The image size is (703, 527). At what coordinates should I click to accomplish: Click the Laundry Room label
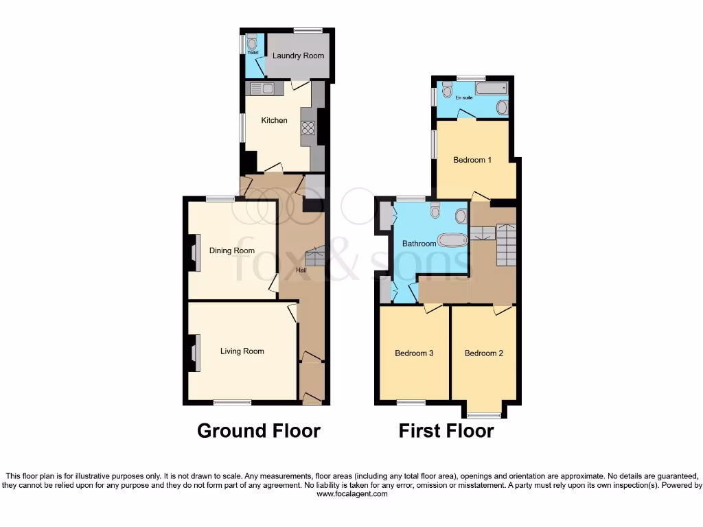(x=298, y=56)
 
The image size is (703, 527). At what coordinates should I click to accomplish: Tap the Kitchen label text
(x=274, y=121)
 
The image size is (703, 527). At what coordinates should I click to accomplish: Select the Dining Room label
(x=232, y=251)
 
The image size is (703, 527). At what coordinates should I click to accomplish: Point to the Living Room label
(x=242, y=351)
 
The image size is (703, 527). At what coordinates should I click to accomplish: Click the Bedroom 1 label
(x=472, y=161)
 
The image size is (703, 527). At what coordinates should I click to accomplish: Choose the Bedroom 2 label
(x=484, y=353)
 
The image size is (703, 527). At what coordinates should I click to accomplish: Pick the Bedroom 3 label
(x=414, y=353)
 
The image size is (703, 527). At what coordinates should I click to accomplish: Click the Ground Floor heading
(x=259, y=431)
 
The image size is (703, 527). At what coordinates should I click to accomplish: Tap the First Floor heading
(x=446, y=431)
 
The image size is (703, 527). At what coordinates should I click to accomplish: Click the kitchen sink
(x=262, y=89)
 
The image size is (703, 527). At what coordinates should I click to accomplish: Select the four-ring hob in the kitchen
(x=307, y=127)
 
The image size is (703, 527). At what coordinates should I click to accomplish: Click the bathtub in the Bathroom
(x=452, y=240)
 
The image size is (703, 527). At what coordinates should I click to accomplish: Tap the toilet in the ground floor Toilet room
(x=251, y=39)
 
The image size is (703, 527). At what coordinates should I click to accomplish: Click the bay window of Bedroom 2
(x=485, y=414)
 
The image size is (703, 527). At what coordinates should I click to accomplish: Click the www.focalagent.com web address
(x=351, y=493)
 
